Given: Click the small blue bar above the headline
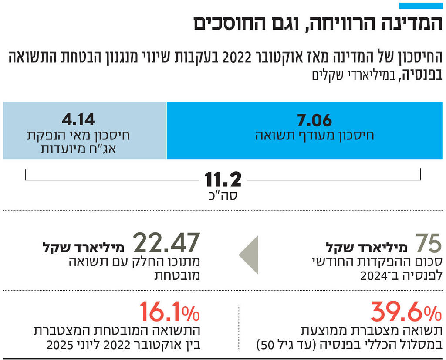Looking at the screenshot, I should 421,6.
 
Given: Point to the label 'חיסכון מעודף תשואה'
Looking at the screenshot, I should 314,136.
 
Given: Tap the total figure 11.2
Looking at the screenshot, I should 223,179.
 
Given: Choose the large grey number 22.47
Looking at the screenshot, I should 166,243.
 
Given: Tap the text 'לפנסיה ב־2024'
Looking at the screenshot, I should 401,275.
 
